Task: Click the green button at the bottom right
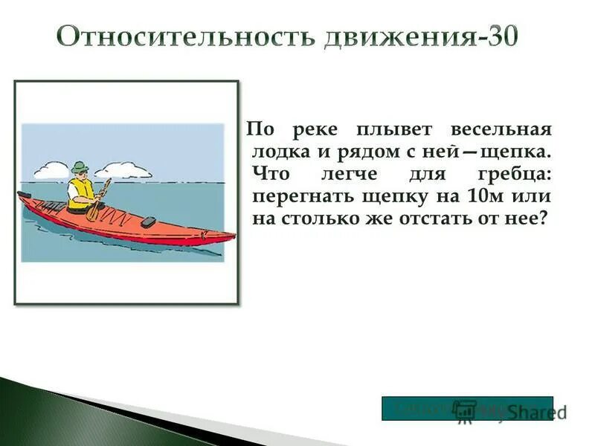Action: pyautogui.click(x=467, y=408)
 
